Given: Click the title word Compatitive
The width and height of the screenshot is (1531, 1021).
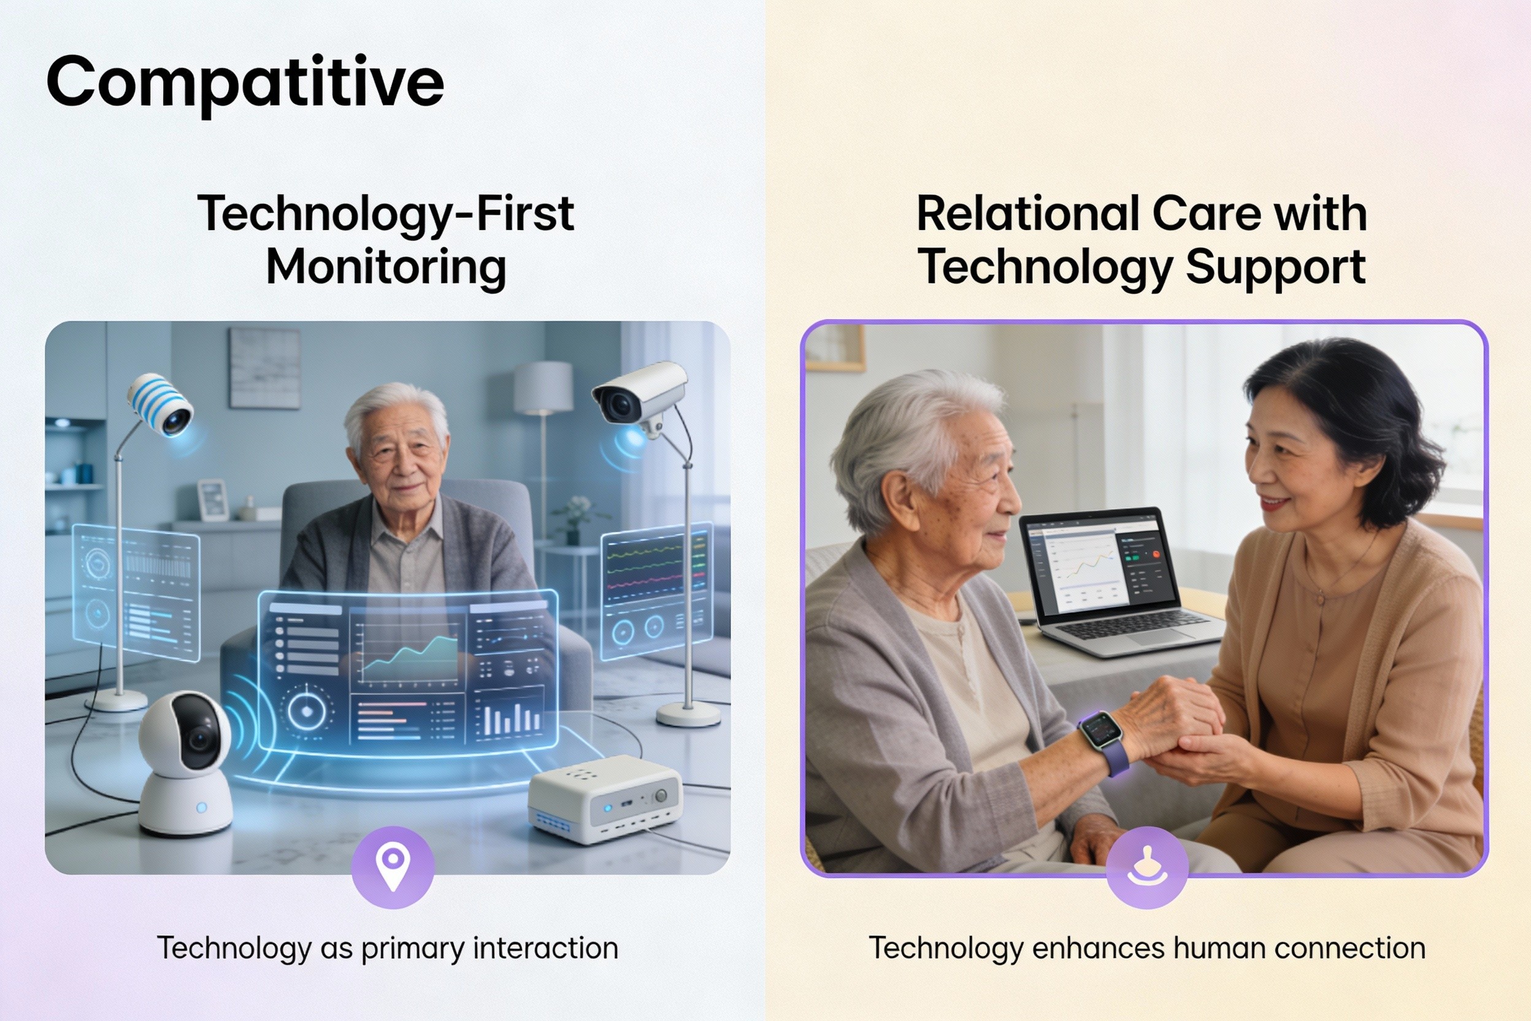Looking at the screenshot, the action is [245, 84].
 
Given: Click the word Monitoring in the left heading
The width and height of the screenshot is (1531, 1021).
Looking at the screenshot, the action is [386, 268].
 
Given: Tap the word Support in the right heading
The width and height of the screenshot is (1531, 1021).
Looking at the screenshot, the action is [1275, 268].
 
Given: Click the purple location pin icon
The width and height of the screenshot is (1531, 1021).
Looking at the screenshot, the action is [393, 868].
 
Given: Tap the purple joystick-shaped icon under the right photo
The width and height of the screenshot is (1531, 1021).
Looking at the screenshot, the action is [1147, 868].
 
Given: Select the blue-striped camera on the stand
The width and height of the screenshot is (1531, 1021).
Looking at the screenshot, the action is [160, 404].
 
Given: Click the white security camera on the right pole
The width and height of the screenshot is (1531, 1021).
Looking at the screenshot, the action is [639, 396].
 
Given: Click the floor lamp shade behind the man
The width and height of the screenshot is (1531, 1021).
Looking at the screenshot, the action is [543, 387].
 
